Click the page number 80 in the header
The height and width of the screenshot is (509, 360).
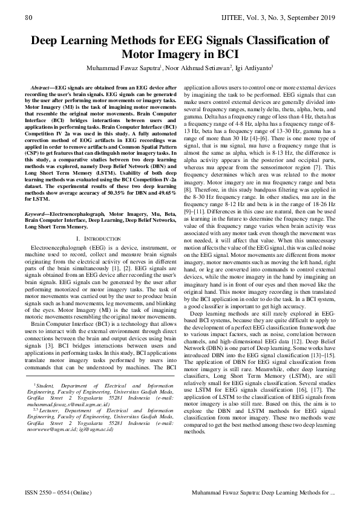click(x=28, y=19)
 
